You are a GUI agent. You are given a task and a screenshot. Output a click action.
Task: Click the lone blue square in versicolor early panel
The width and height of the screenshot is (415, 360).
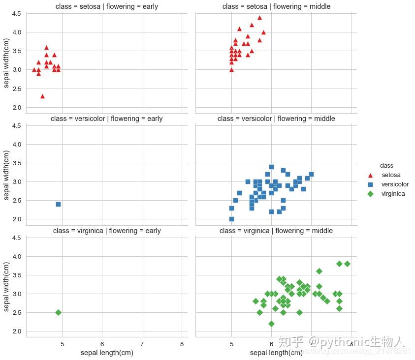point(58,204)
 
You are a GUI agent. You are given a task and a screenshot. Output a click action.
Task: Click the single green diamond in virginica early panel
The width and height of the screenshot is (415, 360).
point(58,312)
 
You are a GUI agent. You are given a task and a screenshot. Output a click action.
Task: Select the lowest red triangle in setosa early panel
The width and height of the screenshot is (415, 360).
point(42,96)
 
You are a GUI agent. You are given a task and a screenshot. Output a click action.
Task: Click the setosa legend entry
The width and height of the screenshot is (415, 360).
point(391,175)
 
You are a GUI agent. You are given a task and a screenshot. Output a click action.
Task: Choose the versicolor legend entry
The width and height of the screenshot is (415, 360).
point(395,184)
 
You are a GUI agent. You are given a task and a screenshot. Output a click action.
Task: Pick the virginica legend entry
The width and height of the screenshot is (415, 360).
point(393,194)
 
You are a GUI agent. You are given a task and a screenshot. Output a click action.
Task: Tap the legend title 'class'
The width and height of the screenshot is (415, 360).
point(386,166)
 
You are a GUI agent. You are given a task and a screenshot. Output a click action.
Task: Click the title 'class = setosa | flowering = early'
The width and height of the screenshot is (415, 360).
point(107,6)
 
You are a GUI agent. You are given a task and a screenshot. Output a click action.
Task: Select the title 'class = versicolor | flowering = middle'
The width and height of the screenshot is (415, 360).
point(276,119)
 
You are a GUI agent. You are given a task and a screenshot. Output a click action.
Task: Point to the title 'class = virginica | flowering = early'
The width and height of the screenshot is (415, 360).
point(107,231)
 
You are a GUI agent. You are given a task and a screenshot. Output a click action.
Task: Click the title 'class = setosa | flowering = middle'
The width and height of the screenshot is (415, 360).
point(276,6)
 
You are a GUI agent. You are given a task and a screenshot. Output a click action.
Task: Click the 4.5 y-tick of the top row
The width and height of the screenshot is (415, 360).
point(16,14)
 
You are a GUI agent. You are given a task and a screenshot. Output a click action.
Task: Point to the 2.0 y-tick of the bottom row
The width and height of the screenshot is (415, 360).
point(16,331)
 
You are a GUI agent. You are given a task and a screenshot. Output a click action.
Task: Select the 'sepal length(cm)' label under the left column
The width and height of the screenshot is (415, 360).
point(107,353)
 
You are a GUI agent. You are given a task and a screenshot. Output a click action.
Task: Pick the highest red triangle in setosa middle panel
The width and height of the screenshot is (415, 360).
point(259,18)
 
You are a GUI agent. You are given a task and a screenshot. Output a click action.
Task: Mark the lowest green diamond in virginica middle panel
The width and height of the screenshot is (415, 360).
point(271,324)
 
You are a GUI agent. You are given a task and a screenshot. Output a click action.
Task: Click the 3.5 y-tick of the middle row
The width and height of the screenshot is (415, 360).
point(16,163)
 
